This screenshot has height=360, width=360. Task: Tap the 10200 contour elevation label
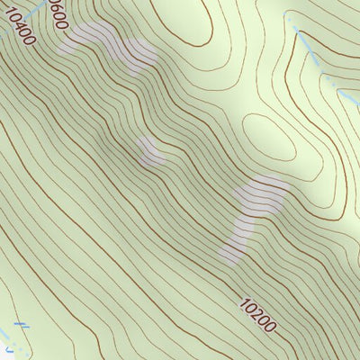258,316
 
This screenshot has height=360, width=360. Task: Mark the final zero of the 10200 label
271,329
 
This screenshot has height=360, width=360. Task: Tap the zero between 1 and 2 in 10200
248,306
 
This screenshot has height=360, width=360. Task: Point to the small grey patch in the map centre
149,150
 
